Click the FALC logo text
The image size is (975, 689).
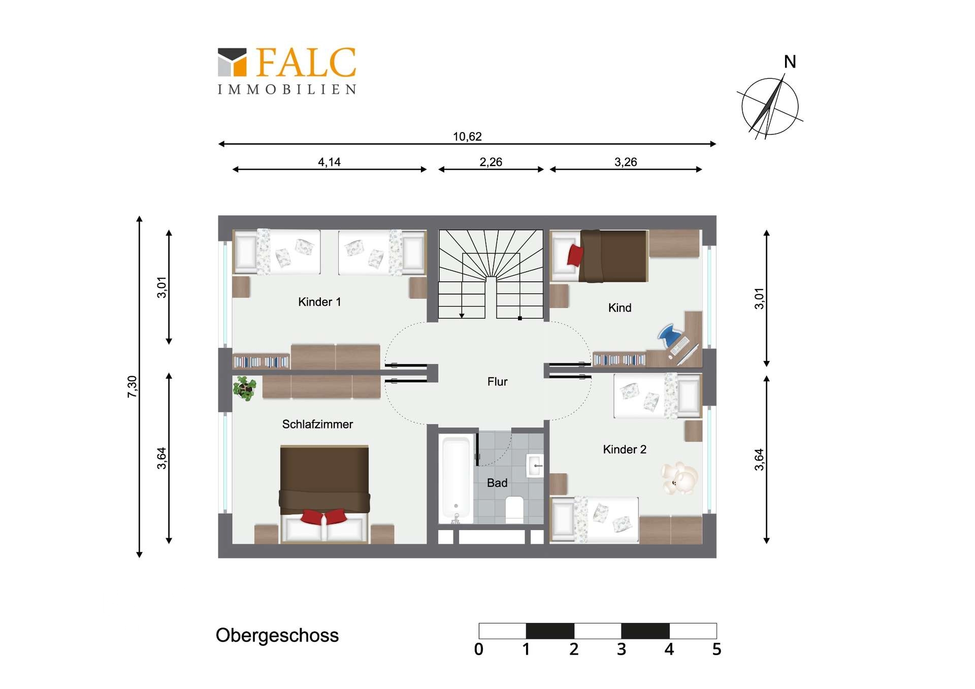click(x=306, y=62)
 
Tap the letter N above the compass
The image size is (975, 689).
click(x=790, y=62)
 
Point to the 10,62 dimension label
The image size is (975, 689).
click(x=467, y=137)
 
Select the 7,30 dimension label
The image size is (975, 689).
click(x=132, y=387)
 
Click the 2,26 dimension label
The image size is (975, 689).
click(x=491, y=162)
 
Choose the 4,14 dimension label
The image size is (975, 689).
click(x=329, y=162)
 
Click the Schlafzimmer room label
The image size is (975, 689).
click(x=317, y=424)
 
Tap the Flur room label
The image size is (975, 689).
click(x=497, y=381)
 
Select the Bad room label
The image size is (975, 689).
click(x=497, y=483)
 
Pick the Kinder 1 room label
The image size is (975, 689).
click(x=319, y=302)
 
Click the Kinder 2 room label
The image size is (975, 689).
click(x=625, y=449)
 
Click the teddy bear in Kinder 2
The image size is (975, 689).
click(x=679, y=478)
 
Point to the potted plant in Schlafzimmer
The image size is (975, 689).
click(x=244, y=388)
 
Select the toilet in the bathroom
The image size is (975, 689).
click(x=514, y=509)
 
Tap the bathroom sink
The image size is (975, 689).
click(x=535, y=466)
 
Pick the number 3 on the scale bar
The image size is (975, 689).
click(x=622, y=649)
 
